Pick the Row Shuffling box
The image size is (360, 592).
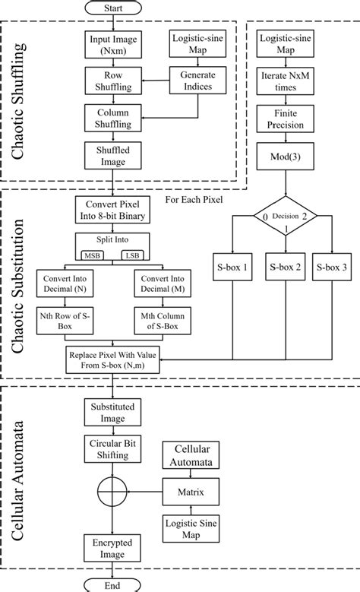click(112, 82)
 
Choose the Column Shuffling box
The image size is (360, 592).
click(112, 119)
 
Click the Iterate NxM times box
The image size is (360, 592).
click(284, 82)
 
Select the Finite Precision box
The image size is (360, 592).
click(284, 119)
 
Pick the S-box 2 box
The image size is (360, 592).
click(284, 268)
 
